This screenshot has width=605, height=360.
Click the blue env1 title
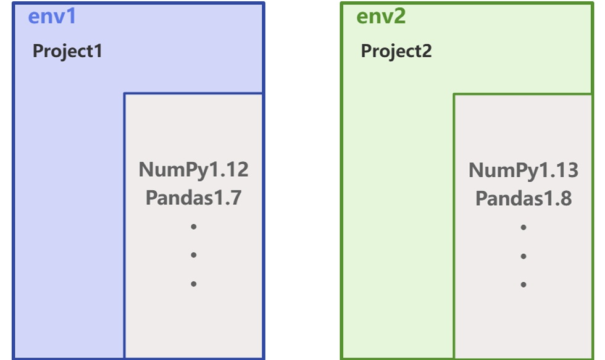coord(52,17)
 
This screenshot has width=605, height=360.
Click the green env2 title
coord(381,17)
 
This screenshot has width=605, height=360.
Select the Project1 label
coord(67,51)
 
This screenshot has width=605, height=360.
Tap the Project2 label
coord(396,51)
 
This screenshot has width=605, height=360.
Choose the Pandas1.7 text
coord(194,198)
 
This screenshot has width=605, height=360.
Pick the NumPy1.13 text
coord(524,170)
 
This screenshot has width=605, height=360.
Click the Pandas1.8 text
coord(524,198)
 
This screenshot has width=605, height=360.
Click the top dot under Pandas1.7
coord(194,227)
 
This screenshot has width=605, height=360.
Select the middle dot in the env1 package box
coord(194,254)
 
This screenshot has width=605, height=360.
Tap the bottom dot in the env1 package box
coord(194,283)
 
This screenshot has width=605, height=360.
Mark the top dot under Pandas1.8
coord(524,227)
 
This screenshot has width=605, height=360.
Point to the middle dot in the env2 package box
coord(524,256)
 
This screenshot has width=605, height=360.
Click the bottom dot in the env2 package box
coord(524,285)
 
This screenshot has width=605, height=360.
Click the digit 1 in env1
coord(71,17)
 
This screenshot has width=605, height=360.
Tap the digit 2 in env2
coord(399,17)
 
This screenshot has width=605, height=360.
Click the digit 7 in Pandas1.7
coord(236,198)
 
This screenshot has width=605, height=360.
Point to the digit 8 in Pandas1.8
coord(565,198)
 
